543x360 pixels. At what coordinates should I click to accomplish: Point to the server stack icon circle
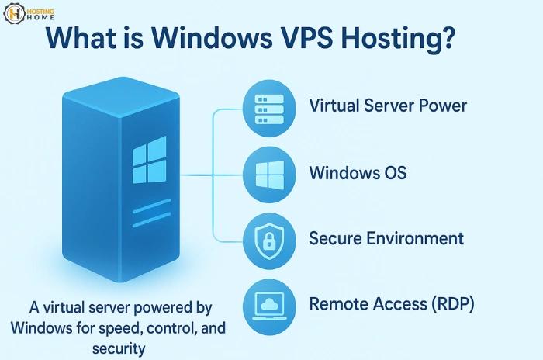tap(266, 107)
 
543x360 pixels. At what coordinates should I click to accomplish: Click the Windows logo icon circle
tap(266, 172)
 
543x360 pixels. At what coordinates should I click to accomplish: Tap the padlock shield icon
tap(266, 237)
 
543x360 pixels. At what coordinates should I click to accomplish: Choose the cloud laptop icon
tap(266, 302)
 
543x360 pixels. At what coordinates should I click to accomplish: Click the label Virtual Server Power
tap(388, 106)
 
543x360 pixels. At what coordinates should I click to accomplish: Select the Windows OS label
tap(357, 171)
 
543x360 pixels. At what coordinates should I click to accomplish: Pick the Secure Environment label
tap(386, 237)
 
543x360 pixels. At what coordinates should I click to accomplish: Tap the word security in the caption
tap(118, 348)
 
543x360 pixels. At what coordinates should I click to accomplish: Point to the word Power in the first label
tap(443, 106)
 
